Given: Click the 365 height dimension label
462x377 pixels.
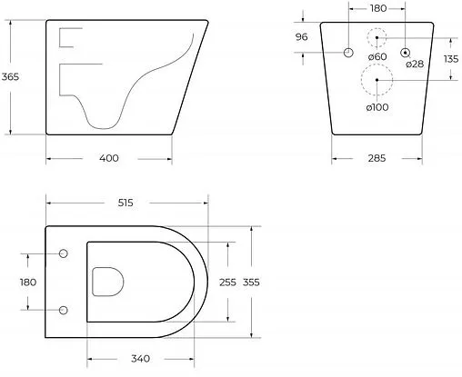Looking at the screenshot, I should (10, 78).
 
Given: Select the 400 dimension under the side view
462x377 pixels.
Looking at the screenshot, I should (108, 159).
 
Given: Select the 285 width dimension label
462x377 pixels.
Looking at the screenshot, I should (377, 158).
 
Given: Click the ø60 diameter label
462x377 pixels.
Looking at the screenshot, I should (378, 58).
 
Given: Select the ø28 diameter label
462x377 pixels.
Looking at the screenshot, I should (416, 64).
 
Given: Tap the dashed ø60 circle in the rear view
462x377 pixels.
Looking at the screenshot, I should (377, 38).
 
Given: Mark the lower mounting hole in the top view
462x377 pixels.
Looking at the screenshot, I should (63, 311).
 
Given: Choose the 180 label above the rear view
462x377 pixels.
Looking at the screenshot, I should (377, 10).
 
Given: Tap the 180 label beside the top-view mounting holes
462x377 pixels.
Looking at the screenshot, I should (27, 283).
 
